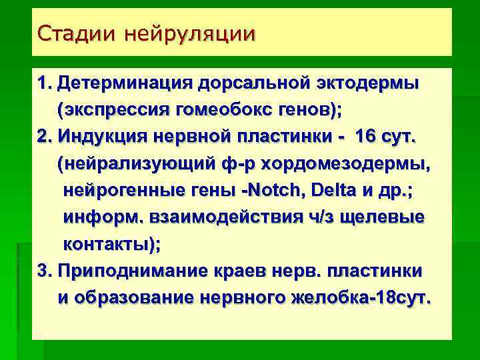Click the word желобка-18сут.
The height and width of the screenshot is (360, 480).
(361, 299)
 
